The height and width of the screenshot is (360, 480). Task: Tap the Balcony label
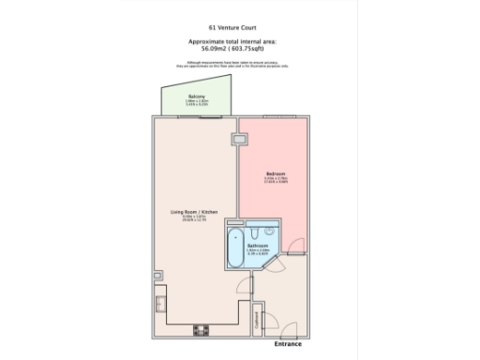point(198,97)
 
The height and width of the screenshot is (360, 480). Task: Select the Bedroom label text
point(275,174)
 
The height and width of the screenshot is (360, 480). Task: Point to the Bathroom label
point(258,246)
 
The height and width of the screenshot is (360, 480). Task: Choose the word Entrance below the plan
point(288,344)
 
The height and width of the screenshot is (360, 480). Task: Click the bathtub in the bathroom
point(234,248)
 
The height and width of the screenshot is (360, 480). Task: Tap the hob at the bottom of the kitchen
point(200,329)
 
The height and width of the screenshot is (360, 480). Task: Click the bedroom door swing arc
point(296,247)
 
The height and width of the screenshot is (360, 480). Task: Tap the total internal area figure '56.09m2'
point(217,50)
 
